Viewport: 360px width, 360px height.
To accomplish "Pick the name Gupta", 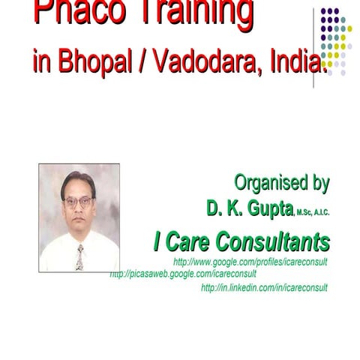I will tap(265, 208).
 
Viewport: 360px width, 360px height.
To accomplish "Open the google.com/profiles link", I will tap(250, 262).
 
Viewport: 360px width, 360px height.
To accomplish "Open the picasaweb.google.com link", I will tap(183, 274).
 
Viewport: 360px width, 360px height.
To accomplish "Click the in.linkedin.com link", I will tap(264, 287).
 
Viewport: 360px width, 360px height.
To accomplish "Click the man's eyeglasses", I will tap(78, 201).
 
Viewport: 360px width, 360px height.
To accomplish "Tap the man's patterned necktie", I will tap(79, 256).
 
